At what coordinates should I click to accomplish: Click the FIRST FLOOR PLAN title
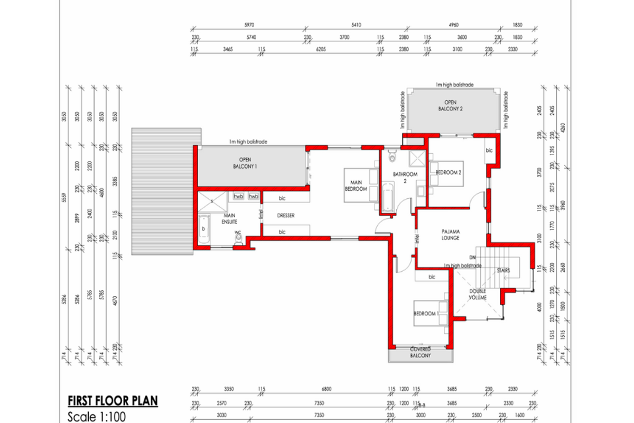113,400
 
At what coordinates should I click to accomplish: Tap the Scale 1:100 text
97,416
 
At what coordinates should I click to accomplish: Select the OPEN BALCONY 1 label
244,162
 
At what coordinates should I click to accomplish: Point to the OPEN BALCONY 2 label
450,105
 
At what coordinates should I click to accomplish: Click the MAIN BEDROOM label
356,185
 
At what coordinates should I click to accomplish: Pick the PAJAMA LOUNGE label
451,234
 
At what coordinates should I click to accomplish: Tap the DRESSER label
285,215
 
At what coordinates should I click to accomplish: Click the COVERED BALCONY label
421,353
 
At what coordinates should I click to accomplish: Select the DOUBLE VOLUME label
477,294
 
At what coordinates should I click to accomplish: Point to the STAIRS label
502,270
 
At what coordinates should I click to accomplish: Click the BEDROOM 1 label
426,314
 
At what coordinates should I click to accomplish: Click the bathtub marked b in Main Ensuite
204,228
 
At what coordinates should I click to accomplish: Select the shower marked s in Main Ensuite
214,201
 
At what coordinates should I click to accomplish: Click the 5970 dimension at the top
249,24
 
